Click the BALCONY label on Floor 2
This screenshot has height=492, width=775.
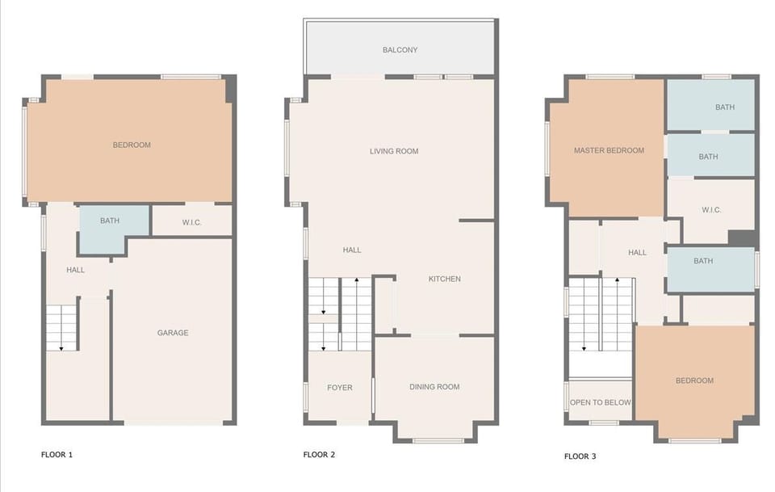[400, 50]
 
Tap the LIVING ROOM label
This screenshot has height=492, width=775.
[394, 151]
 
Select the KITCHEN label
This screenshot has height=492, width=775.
[444, 279]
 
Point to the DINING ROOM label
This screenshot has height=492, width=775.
[434, 387]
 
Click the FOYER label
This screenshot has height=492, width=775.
[339, 388]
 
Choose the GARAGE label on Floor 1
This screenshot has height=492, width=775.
[173, 333]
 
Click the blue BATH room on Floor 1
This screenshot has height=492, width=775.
[110, 221]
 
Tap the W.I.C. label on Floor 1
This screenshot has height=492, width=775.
[191, 222]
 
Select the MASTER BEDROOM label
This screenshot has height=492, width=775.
[609, 150]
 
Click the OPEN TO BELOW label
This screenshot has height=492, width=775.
[600, 402]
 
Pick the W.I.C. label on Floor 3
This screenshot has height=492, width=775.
[710, 210]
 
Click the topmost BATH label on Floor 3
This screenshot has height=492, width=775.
[725, 107]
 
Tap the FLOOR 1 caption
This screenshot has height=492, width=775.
[57, 455]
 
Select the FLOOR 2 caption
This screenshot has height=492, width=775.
[319, 455]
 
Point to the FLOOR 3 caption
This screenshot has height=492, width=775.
[580, 456]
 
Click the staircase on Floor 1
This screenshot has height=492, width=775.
[61, 327]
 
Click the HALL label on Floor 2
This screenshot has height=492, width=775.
[352, 250]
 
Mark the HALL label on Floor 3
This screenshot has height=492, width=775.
[637, 253]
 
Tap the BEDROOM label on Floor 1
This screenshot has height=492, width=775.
[132, 145]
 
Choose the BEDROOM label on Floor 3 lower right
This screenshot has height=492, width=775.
[694, 381]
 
